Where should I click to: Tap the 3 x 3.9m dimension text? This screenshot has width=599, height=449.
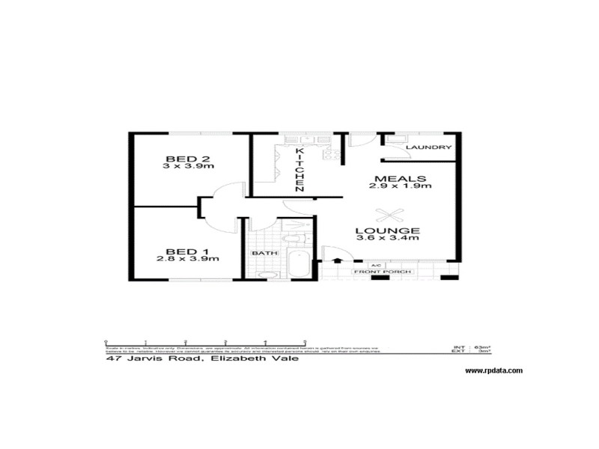[188, 167]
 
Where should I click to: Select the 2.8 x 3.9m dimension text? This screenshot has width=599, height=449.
[187, 259]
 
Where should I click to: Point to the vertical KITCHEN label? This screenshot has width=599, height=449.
[299, 169]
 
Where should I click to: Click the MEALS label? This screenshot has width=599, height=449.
[401, 179]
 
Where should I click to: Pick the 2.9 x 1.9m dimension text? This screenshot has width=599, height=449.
[401, 187]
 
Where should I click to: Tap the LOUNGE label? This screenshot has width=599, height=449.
[387, 230]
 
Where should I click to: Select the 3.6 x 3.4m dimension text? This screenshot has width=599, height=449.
[387, 238]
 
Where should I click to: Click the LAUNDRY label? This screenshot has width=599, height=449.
[428, 147]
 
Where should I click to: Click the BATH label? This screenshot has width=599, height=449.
[264, 253]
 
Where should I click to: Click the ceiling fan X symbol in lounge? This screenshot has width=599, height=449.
[389, 214]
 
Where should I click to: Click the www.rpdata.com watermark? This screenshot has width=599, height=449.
[493, 370]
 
